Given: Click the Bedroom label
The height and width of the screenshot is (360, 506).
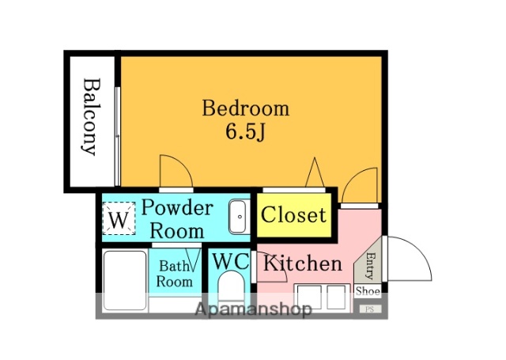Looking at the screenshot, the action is click(246, 108).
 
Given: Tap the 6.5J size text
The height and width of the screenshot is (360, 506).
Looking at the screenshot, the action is click(245, 131).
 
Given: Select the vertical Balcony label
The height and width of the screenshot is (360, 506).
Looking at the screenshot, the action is click(89, 116).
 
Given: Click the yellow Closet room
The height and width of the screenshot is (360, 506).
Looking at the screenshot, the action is click(294, 214).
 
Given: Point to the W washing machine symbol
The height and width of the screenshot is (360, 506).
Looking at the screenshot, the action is click(119, 218).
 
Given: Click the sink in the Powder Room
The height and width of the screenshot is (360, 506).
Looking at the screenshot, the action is click(239, 217).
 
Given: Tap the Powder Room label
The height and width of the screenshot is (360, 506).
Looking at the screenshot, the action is click(177, 219).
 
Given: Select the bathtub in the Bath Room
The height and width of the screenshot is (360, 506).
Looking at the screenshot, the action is click(125, 280).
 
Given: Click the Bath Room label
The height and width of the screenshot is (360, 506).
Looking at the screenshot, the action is click(175, 274).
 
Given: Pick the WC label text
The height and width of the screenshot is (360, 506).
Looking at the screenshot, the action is click(231, 261).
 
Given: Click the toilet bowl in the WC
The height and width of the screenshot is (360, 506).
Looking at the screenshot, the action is click(231, 286).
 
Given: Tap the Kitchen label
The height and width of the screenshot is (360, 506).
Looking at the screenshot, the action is click(303, 263).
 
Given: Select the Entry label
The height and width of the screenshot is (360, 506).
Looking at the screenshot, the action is click(371, 265).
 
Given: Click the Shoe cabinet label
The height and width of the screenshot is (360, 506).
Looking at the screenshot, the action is click(368, 291).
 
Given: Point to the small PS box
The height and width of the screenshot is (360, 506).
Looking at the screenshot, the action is click(370, 309).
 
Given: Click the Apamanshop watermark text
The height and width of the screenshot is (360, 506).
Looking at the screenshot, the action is click(253, 309).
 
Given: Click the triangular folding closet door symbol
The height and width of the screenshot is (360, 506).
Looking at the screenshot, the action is click(315, 172).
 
